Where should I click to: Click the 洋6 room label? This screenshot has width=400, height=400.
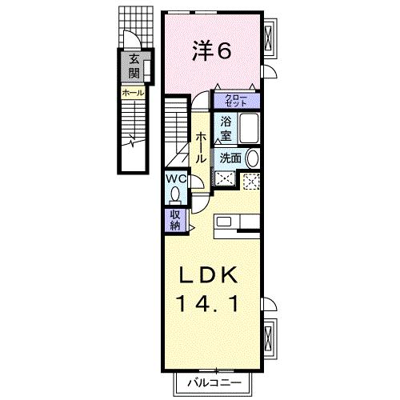click(212, 50)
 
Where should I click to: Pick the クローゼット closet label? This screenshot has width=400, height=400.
click(237, 101)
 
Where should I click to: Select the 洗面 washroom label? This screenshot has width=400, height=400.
click(230, 157)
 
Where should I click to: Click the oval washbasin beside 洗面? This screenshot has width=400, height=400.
click(252, 158)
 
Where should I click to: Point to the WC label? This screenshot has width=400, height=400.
click(176, 180)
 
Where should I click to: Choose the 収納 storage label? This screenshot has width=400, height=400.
click(174, 219)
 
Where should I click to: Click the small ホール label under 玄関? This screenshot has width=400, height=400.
click(134, 94)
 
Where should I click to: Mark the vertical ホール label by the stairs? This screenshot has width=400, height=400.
click(201, 149)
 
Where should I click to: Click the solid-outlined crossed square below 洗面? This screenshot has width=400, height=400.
click(226, 179)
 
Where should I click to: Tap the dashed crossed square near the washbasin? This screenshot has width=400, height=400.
click(251, 181)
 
